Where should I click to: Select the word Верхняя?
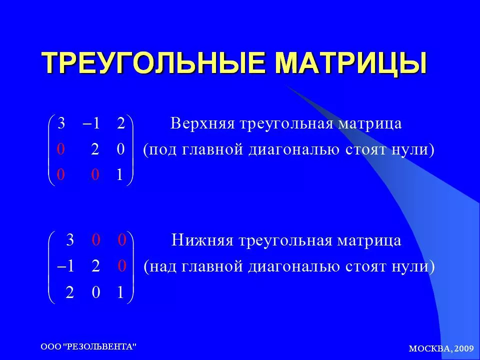pos(202,123)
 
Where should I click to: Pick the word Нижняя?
pos(202,240)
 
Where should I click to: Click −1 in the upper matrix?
pos(91,123)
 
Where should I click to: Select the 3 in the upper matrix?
pos(61,123)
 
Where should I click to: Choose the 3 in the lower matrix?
pos(70,239)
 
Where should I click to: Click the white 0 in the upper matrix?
pos(121,149)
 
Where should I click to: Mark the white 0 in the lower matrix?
pos(96,292)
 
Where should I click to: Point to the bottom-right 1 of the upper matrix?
pos(119,174)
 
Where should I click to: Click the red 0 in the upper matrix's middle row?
pos(61,149)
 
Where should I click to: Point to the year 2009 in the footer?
pos(464,348)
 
